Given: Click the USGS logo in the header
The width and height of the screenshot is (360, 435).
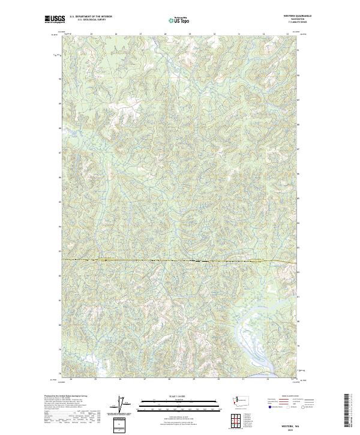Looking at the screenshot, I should coord(54,19).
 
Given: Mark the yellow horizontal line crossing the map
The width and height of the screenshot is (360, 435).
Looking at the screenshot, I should coord(180,261).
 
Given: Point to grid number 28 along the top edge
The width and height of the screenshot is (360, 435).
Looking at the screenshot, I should coord(165,34).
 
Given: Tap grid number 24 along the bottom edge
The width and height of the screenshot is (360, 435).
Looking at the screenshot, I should coord(71,379).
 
